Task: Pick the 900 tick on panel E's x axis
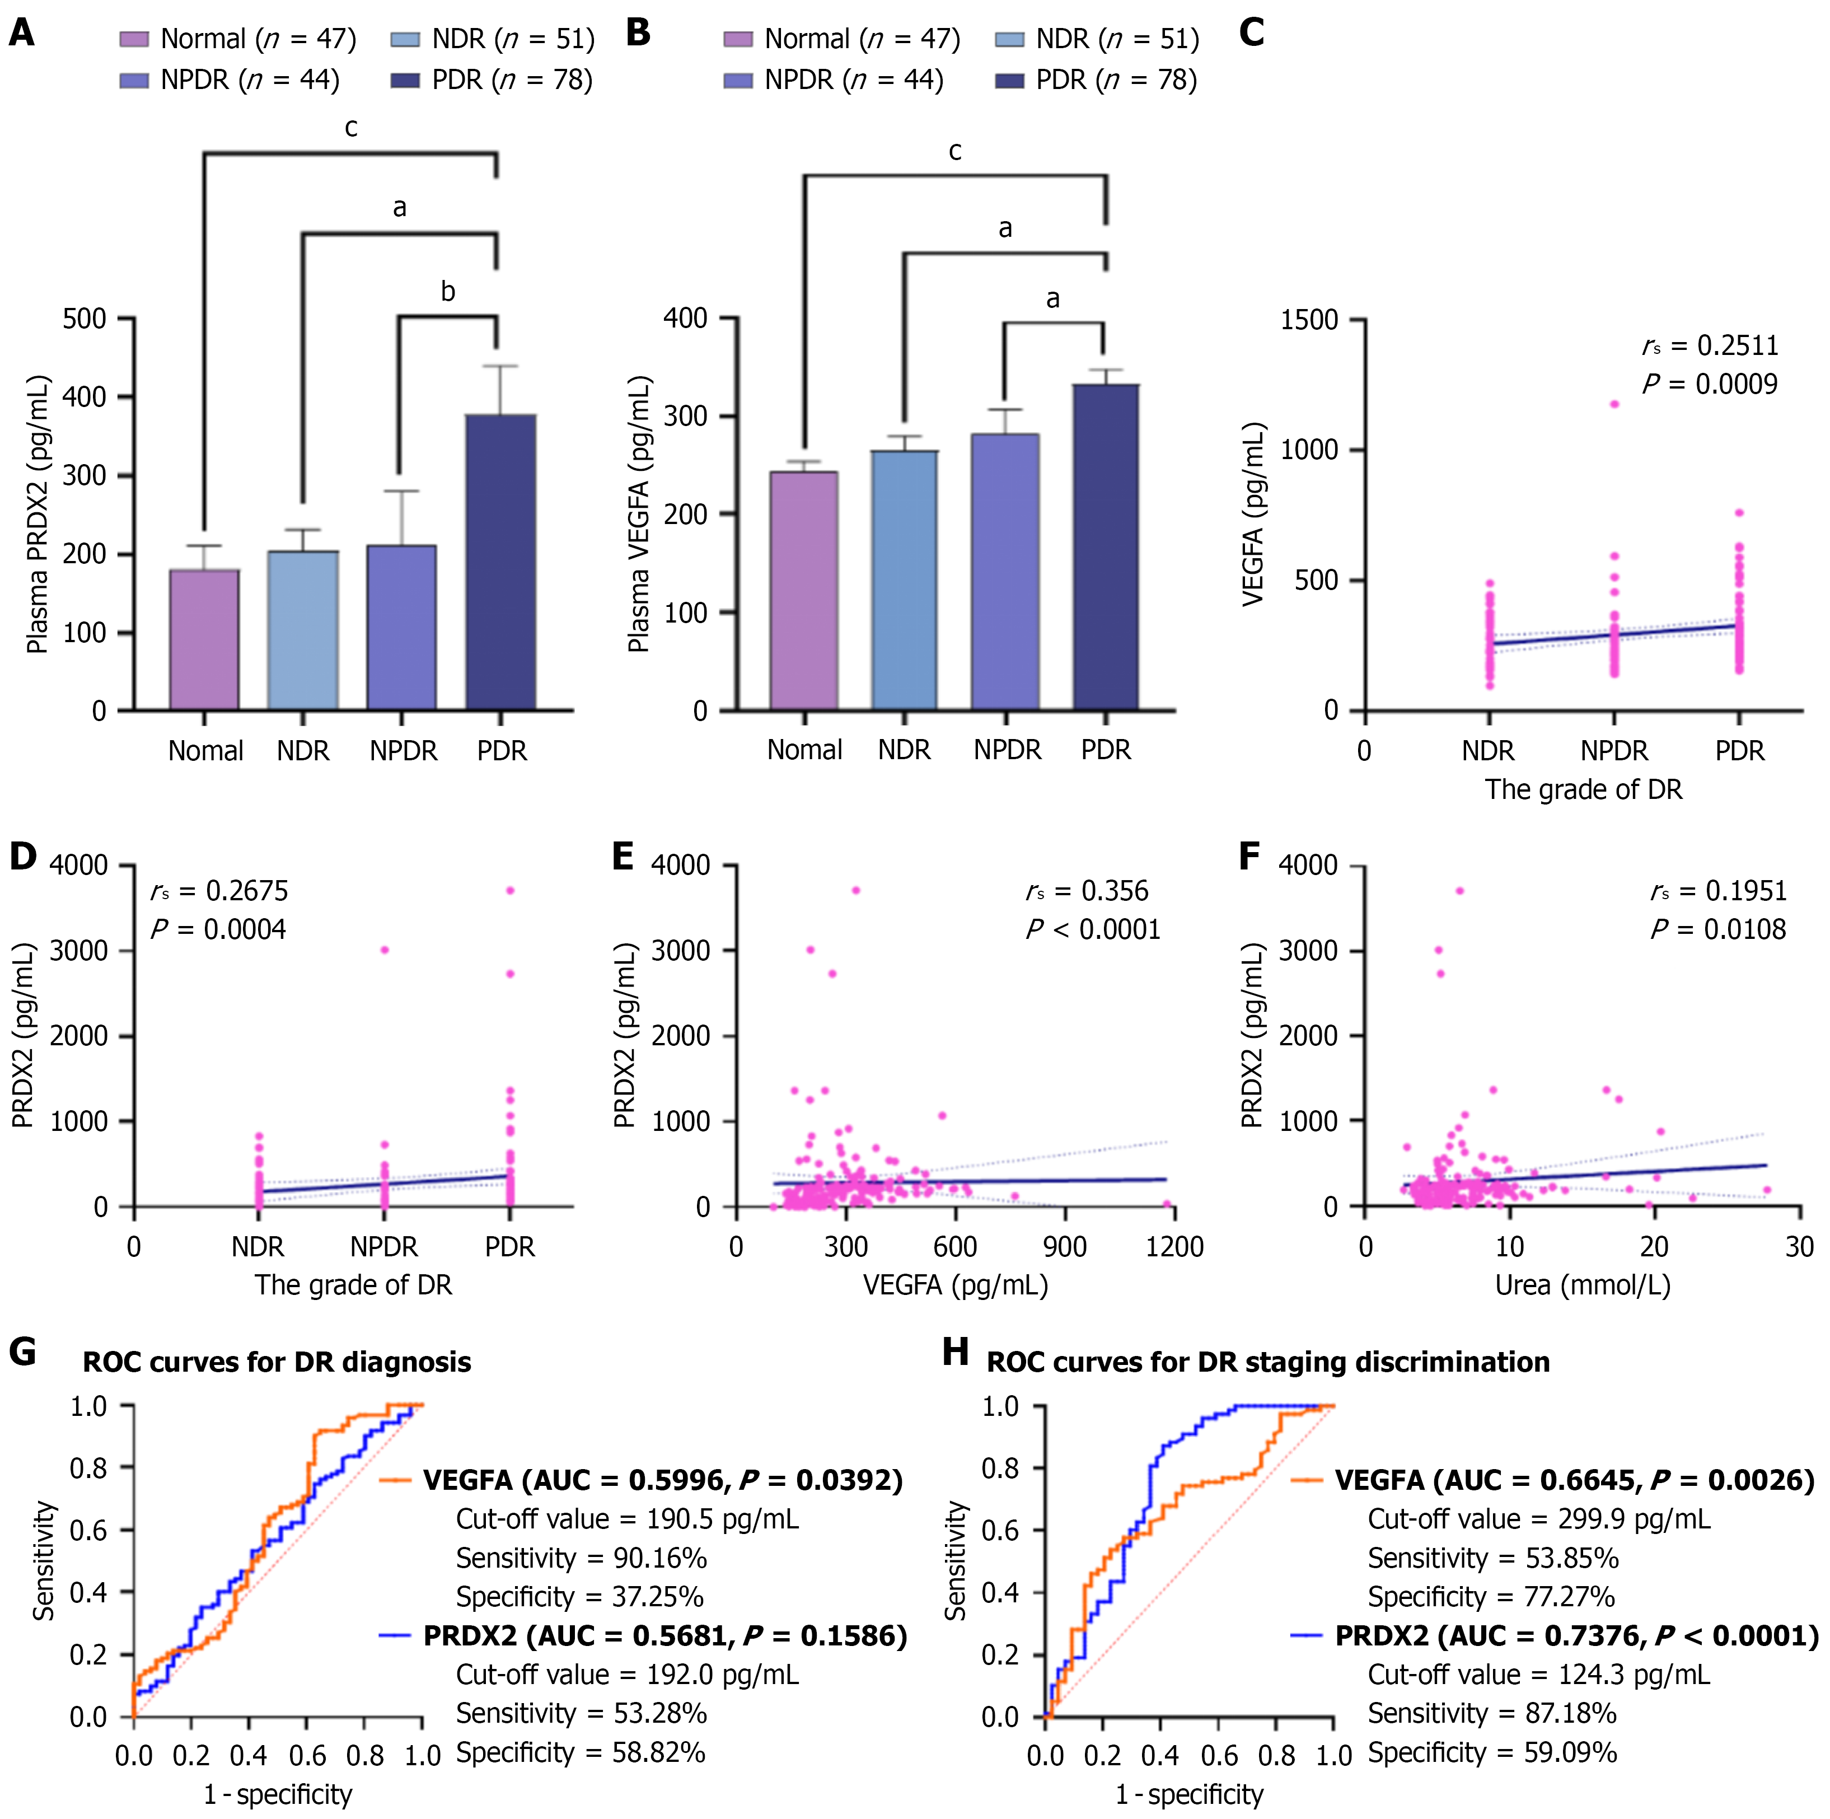[1065, 1247]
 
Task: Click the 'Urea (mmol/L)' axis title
[1582, 1285]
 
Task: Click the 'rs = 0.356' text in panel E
[1087, 891]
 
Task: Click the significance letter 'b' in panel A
[448, 292]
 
